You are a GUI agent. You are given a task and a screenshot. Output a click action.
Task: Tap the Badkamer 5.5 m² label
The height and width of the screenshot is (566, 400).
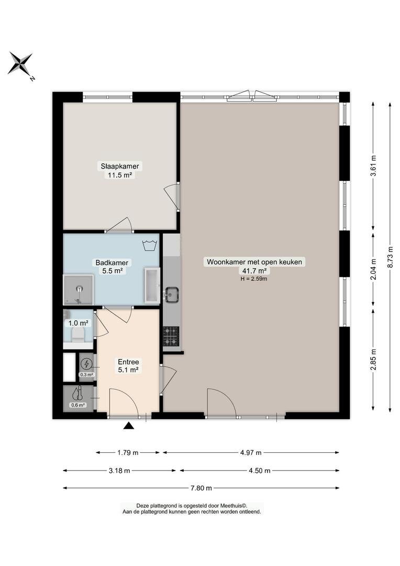click(x=112, y=267)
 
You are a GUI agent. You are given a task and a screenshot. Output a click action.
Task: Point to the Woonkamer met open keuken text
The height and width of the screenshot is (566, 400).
click(x=254, y=262)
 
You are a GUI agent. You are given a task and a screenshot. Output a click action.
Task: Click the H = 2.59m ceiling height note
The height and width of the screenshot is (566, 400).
click(x=254, y=279)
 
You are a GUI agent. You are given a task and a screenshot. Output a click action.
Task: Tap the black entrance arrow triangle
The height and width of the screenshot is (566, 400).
click(x=129, y=426)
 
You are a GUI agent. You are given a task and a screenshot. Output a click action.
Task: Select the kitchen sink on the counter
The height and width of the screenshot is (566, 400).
click(x=172, y=295)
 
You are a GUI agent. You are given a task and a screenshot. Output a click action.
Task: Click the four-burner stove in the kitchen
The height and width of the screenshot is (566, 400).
click(x=171, y=336)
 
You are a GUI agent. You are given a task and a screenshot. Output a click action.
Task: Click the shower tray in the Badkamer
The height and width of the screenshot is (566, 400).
click(x=78, y=290)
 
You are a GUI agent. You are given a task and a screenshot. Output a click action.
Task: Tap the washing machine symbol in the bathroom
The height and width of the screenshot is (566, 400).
click(x=151, y=245)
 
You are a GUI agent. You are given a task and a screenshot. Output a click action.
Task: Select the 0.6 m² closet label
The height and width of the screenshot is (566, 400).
click(x=78, y=405)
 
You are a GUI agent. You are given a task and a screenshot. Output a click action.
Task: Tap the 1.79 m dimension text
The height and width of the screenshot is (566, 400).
click(x=128, y=453)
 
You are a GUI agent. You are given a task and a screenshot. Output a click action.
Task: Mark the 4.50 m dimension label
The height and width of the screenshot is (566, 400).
click(x=259, y=470)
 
